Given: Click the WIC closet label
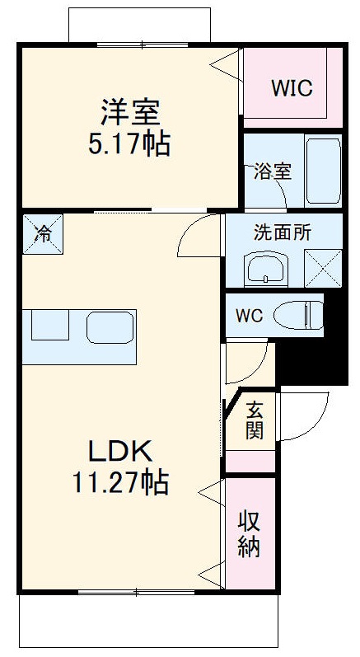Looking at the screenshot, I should point(292,87).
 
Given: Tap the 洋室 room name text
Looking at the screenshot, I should point(130,111).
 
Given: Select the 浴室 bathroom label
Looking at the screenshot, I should point(272,172).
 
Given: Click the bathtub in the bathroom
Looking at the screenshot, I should point(323,173).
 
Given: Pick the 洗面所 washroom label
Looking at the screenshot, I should point(282,232).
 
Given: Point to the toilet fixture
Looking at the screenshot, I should point(298,314).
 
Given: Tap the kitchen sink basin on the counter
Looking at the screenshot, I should point(110,327).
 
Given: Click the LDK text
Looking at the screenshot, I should point(120,451).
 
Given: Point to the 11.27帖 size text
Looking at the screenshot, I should point(120,482).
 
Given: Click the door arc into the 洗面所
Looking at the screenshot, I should point(195,239).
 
